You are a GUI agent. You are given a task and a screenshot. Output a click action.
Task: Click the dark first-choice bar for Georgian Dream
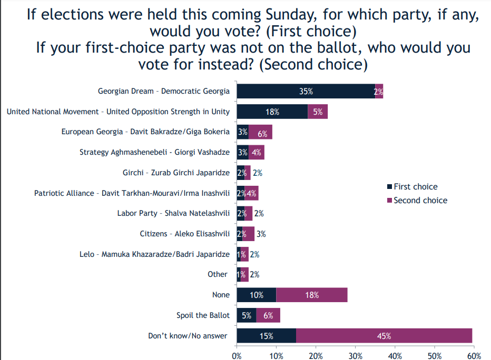click(306, 91)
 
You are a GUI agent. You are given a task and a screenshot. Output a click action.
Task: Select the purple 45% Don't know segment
click(384, 336)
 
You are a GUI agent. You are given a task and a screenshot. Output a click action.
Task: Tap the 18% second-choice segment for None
click(311, 295)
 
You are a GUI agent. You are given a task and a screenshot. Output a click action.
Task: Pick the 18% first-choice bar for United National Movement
click(272, 112)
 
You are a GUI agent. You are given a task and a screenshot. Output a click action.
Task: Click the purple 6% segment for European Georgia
click(260, 132)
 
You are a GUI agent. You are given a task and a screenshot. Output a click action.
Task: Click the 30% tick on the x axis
click(355, 355)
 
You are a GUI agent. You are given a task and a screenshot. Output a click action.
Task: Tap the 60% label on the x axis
click(474, 355)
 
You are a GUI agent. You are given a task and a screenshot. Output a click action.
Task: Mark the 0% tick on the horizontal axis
click(237, 355)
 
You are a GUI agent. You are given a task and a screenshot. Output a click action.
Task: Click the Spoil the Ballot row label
click(203, 315)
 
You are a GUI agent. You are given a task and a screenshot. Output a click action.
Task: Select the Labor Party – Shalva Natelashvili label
click(173, 213)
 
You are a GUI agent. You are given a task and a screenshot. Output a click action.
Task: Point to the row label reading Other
click(218, 274)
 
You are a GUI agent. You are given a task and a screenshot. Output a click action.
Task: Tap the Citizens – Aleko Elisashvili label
click(184, 234)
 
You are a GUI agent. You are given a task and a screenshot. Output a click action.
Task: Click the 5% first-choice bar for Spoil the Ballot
click(247, 315)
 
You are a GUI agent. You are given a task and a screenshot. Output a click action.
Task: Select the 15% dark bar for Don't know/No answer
click(267, 336)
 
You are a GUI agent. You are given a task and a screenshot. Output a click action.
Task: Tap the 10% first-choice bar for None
click(257, 295)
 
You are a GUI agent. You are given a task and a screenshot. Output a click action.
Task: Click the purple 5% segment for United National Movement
click(318, 112)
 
